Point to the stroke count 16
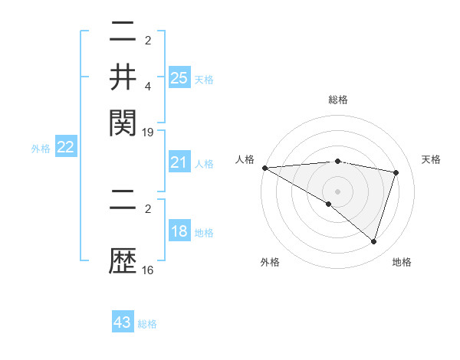click(x=148, y=270)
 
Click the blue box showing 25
click(x=179, y=77)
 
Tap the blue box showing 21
click(x=179, y=162)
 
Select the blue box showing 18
click(x=179, y=231)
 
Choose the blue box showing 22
click(x=65, y=148)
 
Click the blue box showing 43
click(x=123, y=322)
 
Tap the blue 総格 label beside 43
click(x=147, y=324)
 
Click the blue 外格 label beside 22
click(x=41, y=149)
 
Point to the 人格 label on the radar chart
click(x=245, y=159)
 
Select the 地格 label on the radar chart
click(x=402, y=262)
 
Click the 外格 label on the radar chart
click(x=270, y=262)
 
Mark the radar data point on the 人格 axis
click(x=264, y=168)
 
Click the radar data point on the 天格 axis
click(x=396, y=172)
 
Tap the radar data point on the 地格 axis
click(x=373, y=241)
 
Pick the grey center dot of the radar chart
click(x=338, y=191)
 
